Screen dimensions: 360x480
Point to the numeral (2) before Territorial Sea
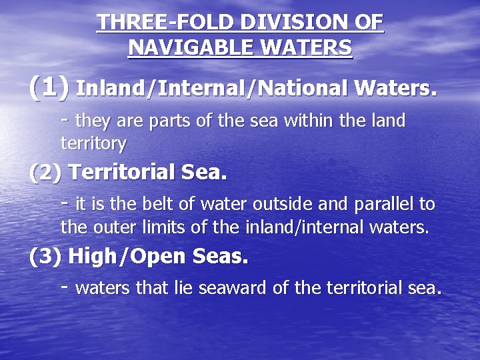46,173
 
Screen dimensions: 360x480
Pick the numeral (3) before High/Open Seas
46,256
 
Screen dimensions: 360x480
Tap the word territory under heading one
93,143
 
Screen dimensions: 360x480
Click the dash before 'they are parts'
65,119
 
